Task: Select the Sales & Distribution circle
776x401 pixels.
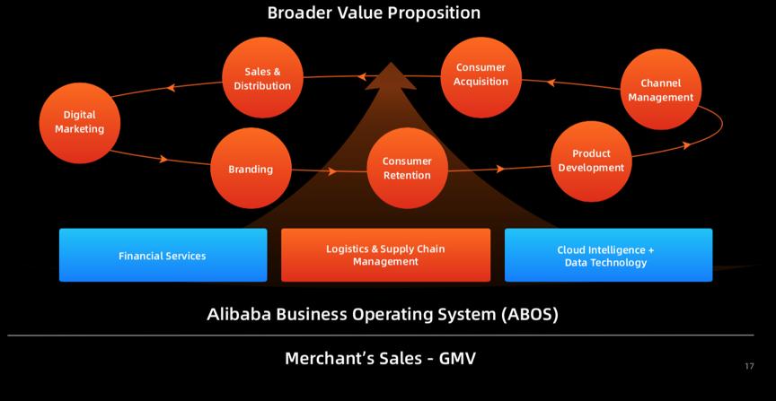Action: [x=262, y=79]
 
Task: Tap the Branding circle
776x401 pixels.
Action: [x=251, y=169]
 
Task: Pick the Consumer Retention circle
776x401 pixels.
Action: [x=407, y=169]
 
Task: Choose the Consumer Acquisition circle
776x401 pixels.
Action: [x=481, y=75]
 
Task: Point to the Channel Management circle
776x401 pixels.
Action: [x=660, y=91]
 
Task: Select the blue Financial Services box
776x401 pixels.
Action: [x=163, y=256]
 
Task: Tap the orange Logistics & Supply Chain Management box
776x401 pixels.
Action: [x=385, y=256]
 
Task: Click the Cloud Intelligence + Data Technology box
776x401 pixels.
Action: [x=608, y=256]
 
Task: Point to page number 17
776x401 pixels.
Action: [x=749, y=366]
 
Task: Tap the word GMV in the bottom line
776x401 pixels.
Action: [x=457, y=359]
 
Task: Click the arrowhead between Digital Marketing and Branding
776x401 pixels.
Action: [x=163, y=160]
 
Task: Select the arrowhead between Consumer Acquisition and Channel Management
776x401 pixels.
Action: [x=551, y=83]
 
